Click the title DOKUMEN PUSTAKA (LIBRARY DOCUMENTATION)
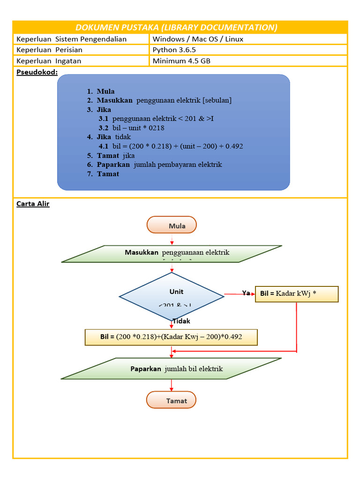[180, 27]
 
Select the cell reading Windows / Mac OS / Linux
[198, 39]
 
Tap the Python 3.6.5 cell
[171, 50]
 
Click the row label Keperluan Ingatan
[49, 60]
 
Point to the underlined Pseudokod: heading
[37, 72]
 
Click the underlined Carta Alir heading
[33, 204]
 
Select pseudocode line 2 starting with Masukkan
[164, 100]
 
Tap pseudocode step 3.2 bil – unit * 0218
[131, 127]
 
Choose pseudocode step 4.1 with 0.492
[171, 146]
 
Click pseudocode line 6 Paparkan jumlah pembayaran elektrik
[159, 165]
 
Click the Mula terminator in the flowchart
[172, 225]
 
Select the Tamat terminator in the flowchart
[172, 401]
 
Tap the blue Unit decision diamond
[172, 296]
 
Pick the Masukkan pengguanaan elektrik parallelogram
[172, 253]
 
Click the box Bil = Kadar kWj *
[296, 294]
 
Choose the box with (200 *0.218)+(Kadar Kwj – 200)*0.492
[171, 337]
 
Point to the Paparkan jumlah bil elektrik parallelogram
[172, 368]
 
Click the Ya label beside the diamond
[246, 293]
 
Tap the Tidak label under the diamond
[181, 321]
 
